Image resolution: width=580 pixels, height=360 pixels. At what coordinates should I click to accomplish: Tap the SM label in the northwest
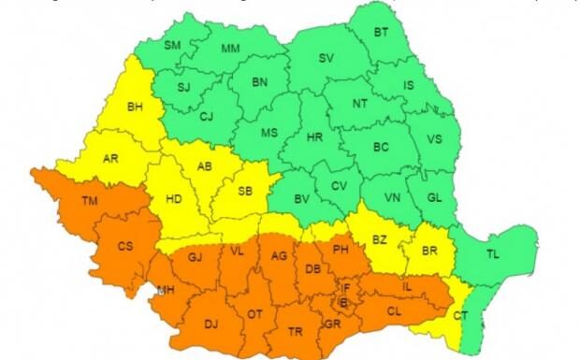173,44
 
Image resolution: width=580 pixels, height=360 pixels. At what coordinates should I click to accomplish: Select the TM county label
89,201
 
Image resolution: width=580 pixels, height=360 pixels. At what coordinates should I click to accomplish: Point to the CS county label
124,246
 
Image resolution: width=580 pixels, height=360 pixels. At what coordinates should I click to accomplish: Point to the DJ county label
210,324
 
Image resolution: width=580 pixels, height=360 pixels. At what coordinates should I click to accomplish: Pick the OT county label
255,314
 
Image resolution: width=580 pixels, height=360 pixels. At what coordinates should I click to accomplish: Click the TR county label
296,332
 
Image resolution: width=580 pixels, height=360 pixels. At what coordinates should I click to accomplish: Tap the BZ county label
380,239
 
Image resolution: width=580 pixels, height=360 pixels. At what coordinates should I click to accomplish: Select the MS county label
269,132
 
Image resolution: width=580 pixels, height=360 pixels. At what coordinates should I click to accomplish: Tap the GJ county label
195,257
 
